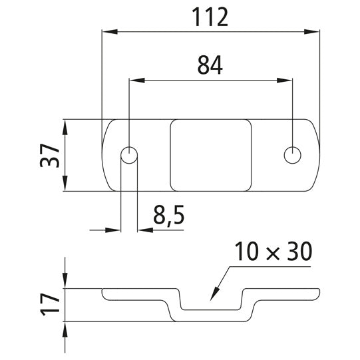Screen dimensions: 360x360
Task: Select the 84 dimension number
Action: (x=210, y=65)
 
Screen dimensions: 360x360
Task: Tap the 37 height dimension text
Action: (x=54, y=156)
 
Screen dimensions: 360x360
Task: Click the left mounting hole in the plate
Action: (x=129, y=156)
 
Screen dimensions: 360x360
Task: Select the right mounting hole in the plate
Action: (x=292, y=155)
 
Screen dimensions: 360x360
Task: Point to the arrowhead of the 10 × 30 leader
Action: (x=212, y=297)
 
